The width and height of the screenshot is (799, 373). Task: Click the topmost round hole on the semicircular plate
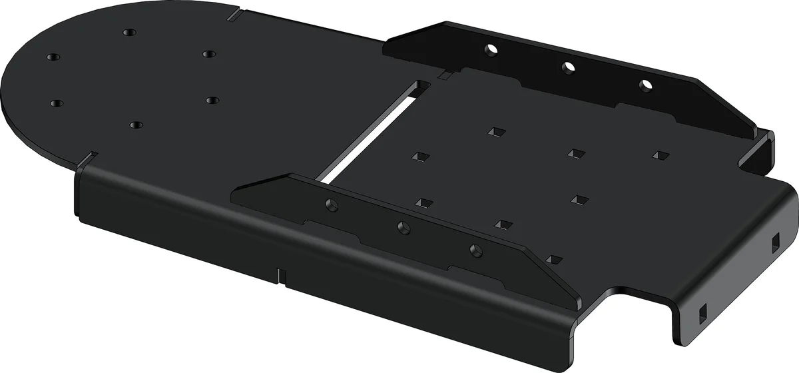(129, 32)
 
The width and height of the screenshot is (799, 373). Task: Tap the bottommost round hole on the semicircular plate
(136, 125)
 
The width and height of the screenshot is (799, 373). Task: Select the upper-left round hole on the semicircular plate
(53, 57)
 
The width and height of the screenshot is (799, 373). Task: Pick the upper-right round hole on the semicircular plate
(209, 53)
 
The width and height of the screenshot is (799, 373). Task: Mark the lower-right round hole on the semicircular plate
(212, 100)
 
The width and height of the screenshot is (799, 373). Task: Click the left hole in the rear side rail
(491, 49)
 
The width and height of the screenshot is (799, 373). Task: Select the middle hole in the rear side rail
(568, 67)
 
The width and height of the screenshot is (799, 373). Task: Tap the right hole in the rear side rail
(645, 85)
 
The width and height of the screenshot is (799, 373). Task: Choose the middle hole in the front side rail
(403, 228)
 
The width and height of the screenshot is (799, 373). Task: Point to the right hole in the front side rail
(475, 250)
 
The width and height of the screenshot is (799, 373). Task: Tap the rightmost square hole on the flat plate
(660, 155)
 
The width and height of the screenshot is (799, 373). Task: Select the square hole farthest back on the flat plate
(494, 132)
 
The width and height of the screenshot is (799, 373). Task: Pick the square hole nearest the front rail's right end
(553, 258)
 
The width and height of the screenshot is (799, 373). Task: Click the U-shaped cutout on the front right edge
(639, 296)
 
